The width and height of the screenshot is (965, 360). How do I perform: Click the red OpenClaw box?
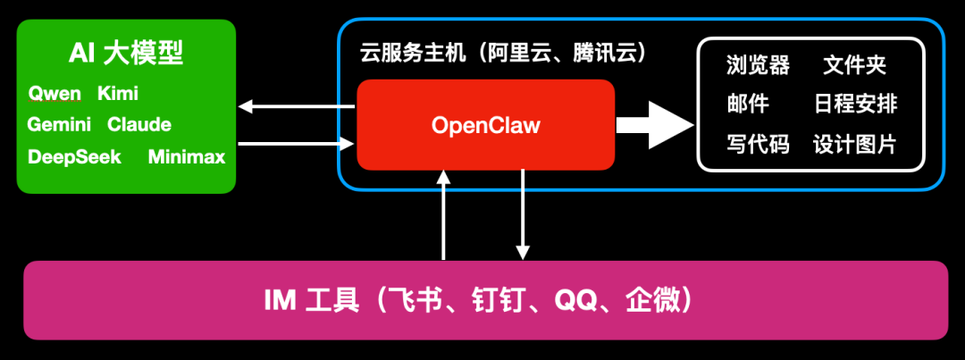click(x=485, y=125)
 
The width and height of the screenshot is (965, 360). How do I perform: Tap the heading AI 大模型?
click(x=126, y=54)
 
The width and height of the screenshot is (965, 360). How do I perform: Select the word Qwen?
click(x=55, y=94)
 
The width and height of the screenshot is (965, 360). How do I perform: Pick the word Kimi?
click(x=118, y=94)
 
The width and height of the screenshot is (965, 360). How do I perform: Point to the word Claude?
click(x=139, y=125)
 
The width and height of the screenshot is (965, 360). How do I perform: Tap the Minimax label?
click(x=187, y=157)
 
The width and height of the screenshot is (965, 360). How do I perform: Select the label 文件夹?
click(x=855, y=65)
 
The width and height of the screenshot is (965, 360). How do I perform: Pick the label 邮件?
click(x=748, y=105)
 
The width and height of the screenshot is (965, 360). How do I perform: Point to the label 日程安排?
click(x=855, y=105)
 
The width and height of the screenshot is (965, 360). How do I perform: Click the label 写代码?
click(x=759, y=144)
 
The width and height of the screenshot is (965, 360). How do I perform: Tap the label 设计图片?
click(x=855, y=144)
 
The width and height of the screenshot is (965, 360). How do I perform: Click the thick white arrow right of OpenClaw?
click(x=655, y=124)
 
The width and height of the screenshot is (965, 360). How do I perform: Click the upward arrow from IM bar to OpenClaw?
click(x=443, y=214)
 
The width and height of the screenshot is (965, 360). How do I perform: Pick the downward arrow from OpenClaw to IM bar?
click(x=523, y=214)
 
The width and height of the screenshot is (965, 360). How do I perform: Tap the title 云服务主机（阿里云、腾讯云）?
click(x=503, y=54)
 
